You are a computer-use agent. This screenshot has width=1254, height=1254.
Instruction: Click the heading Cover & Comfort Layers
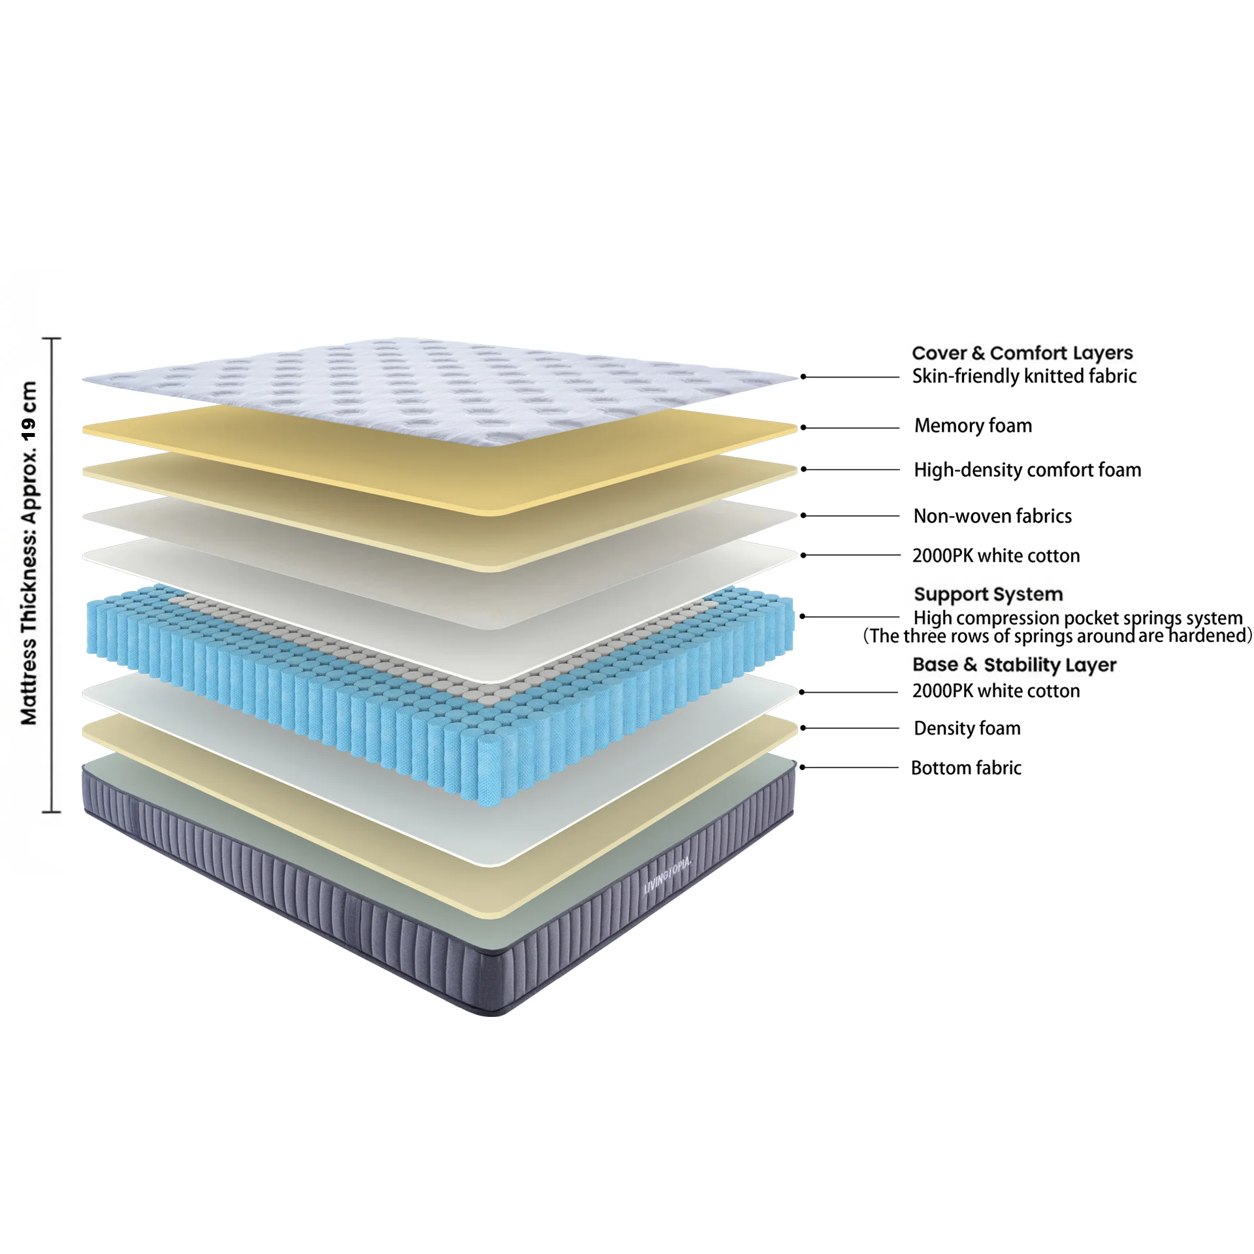tap(1021, 353)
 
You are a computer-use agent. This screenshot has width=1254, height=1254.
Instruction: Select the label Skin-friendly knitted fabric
tap(1023, 376)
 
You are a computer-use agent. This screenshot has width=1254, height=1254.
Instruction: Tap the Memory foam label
tap(973, 426)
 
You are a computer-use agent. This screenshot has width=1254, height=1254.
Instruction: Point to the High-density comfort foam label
tap(1027, 470)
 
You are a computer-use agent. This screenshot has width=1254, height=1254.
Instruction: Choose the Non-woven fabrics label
tap(992, 516)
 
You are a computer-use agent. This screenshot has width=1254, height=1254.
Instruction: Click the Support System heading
tap(988, 594)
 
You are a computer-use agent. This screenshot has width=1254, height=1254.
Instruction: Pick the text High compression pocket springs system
tap(1077, 617)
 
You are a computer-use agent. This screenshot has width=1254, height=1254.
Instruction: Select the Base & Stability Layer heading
tap(1014, 665)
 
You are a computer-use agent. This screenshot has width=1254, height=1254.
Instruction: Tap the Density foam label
tap(967, 728)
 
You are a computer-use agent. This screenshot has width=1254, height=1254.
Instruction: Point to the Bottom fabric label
tap(965, 768)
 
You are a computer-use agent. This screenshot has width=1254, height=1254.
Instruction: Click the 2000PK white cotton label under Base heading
tap(995, 691)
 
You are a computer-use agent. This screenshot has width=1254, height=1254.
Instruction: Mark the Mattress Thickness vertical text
tap(29, 553)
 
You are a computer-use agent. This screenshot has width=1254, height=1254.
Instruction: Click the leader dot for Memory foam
tap(803, 428)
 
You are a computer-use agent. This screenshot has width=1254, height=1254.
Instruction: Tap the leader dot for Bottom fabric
tap(803, 767)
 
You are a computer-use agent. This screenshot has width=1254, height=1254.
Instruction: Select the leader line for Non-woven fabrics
tap(852, 516)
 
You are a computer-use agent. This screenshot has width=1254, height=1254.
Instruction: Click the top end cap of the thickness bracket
tap(52, 339)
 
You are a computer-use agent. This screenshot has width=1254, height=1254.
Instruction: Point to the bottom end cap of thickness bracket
tap(52, 812)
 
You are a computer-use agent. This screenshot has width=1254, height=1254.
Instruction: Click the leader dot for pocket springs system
tap(803, 616)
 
